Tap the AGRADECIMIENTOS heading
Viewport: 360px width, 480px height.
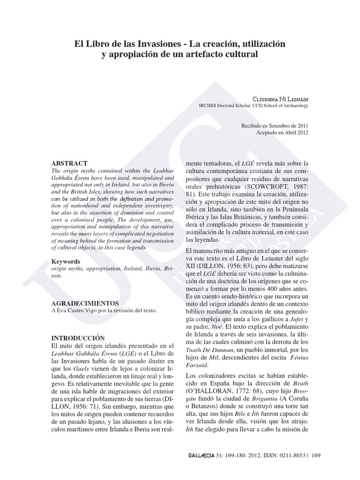click(84, 303)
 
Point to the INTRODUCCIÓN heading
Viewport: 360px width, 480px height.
click(77, 338)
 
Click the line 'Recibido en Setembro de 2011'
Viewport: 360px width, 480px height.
click(274, 126)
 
